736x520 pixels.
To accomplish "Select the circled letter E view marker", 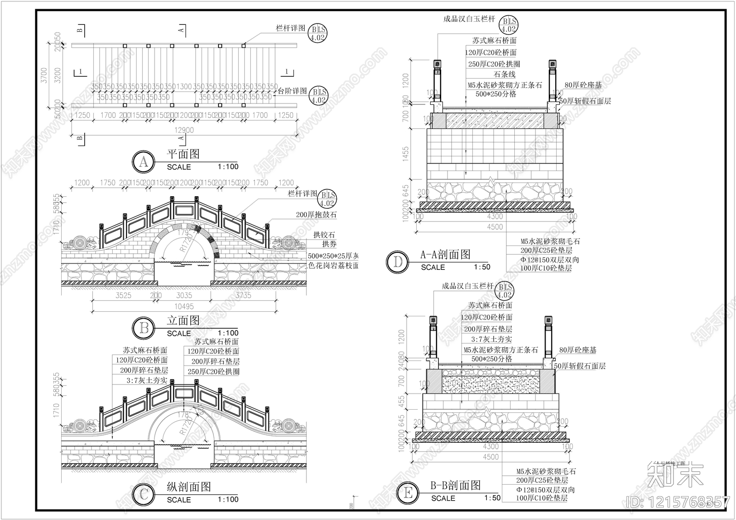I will (408, 494).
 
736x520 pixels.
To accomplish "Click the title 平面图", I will (183, 154).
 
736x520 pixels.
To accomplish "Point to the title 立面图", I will (183, 320).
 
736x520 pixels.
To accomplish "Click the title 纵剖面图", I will (189, 487).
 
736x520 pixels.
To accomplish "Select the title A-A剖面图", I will (445, 254).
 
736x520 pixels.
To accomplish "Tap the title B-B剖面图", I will (455, 485).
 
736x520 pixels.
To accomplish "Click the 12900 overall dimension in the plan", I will (184, 130).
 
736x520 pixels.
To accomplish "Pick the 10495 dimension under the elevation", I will (184, 306).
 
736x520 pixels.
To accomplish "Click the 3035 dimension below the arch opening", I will (184, 296).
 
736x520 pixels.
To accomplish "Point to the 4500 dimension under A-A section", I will (494, 227).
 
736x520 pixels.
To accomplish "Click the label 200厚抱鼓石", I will (316, 214).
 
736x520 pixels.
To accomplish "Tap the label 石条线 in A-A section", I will (505, 74).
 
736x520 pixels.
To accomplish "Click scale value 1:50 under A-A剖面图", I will (482, 267).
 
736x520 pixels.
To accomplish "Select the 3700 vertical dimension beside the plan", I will (44, 76).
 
